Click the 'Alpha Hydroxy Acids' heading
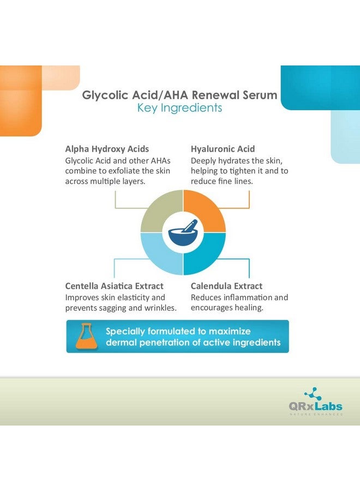pyautogui.click(x=107, y=149)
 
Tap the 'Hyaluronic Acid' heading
pyautogui.click(x=223, y=149)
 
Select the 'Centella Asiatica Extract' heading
pyautogui.click(x=114, y=286)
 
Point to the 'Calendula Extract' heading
pyautogui.click(x=226, y=286)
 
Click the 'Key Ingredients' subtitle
pyautogui.click(x=179, y=108)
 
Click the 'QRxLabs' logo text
pyautogui.click(x=316, y=406)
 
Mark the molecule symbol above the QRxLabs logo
pyautogui.click(x=313, y=394)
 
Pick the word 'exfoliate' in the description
pyautogui.click(x=129, y=171)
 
